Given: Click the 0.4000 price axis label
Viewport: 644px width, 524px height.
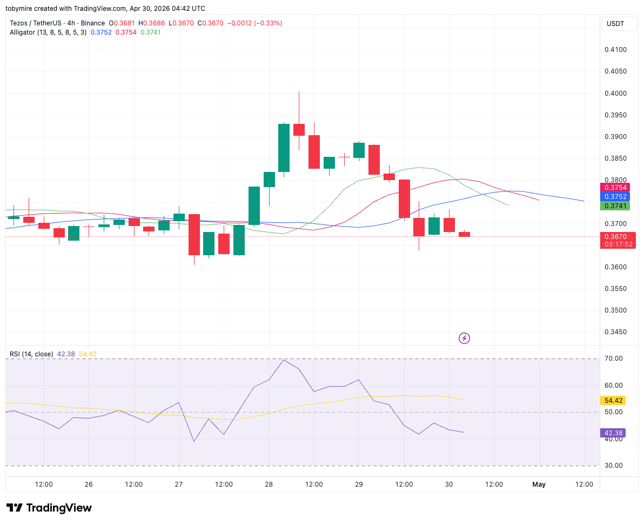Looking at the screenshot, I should [x=615, y=94].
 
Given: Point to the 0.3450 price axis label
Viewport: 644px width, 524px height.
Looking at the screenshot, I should [x=615, y=332].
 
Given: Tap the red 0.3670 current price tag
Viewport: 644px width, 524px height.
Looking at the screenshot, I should [x=618, y=237].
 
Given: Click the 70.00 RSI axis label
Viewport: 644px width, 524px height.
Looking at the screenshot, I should [x=614, y=359].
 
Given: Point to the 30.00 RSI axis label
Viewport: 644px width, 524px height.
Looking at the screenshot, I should [x=614, y=466].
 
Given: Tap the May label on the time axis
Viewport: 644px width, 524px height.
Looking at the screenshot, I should [x=539, y=485].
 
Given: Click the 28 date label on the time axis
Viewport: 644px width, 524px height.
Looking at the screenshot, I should [x=269, y=485].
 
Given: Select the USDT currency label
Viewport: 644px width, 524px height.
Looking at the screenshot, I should [x=615, y=24].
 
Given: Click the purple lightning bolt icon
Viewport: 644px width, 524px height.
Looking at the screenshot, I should [x=464, y=339].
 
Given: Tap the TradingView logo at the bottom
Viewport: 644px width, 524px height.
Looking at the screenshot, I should [x=49, y=508].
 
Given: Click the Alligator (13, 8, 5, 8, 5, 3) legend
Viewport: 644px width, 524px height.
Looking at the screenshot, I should [x=48, y=32].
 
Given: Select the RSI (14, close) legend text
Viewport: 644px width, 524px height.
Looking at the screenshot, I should [x=31, y=354].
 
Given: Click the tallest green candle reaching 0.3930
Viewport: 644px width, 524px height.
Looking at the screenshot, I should [x=284, y=148].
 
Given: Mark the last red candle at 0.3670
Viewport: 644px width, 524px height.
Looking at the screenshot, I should [x=464, y=234].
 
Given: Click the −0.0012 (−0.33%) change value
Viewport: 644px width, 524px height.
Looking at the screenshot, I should [x=255, y=23].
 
